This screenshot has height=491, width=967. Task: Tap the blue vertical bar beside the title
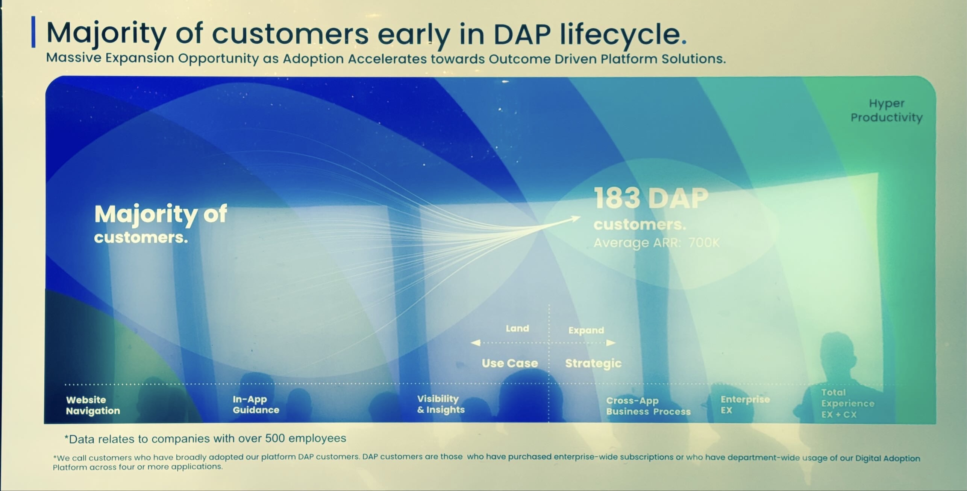tap(33, 32)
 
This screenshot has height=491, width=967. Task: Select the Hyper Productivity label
tap(886, 110)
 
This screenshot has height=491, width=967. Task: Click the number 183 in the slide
tap(617, 198)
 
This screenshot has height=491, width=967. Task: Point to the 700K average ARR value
tap(703, 243)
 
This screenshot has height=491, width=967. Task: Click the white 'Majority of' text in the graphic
tap(161, 214)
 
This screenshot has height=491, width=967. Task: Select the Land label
tap(517, 328)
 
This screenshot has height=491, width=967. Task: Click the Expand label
tap(586, 330)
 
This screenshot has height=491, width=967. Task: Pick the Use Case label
tap(509, 363)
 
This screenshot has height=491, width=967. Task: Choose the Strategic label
tap(593, 363)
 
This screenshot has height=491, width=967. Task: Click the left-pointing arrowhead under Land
tap(476, 343)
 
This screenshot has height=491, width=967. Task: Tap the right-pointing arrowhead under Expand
tap(611, 343)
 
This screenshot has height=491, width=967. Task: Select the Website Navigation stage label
tap(92, 405)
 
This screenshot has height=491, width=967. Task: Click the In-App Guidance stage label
tap(255, 404)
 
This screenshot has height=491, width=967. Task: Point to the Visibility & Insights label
tap(440, 404)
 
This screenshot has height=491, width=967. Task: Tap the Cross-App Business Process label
tap(648, 406)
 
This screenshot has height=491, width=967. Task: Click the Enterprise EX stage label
tap(744, 404)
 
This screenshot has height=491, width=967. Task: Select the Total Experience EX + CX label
tap(847, 403)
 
